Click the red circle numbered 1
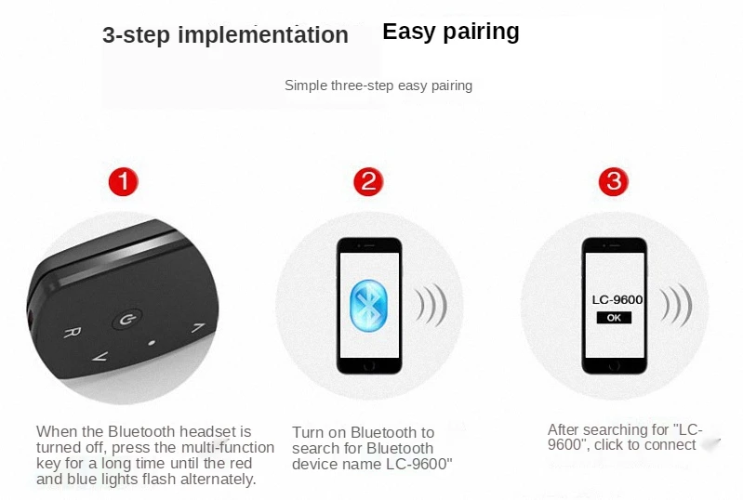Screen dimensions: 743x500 123,182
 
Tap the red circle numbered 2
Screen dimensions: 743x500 368,182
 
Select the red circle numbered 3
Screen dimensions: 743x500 614,182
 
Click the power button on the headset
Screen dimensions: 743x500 127,320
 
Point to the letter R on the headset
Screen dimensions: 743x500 72,333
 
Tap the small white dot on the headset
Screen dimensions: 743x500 152,343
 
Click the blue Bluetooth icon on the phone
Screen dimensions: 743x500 368,306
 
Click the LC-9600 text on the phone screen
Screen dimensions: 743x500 617,299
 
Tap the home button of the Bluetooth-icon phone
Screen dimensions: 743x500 369,366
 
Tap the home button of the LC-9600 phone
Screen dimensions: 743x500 614,366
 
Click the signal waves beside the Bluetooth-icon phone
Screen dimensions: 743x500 431,306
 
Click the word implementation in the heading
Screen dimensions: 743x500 263,34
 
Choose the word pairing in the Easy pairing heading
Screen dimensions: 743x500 481,33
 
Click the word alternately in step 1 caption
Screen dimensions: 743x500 218,480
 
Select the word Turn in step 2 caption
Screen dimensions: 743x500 308,432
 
